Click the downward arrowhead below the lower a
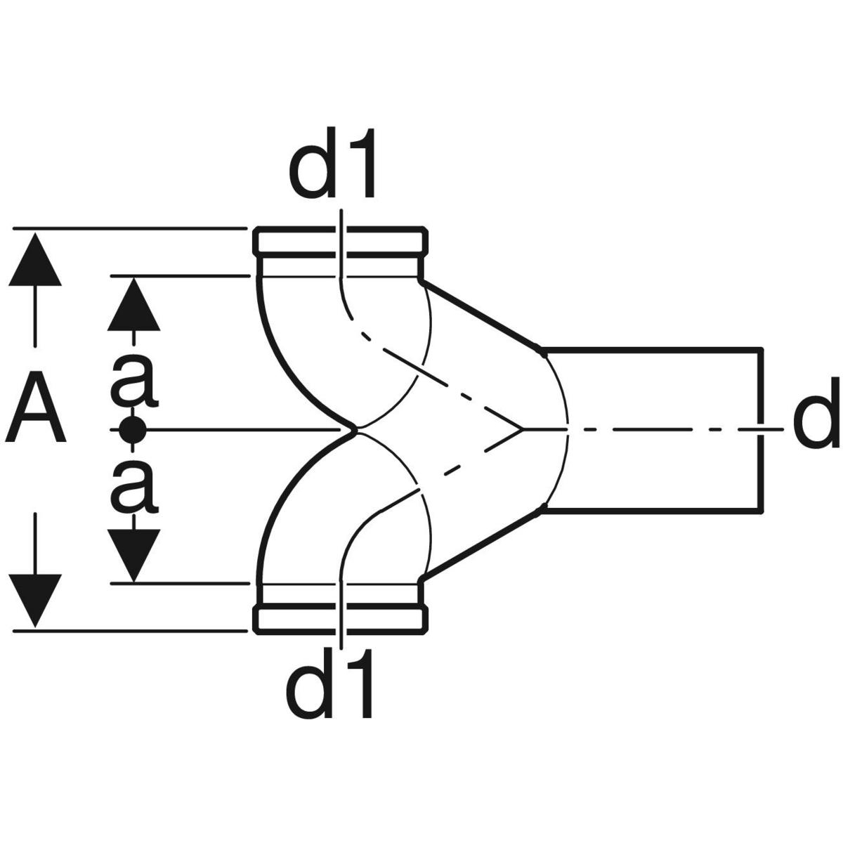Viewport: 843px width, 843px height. [x=133, y=554]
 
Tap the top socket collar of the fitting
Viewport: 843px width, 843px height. [x=341, y=242]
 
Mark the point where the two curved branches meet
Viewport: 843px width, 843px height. [x=356, y=429]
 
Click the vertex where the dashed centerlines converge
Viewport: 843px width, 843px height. [x=521, y=429]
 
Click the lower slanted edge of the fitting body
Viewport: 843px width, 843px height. [x=481, y=545]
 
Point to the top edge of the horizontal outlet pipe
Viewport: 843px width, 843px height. [x=653, y=348]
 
